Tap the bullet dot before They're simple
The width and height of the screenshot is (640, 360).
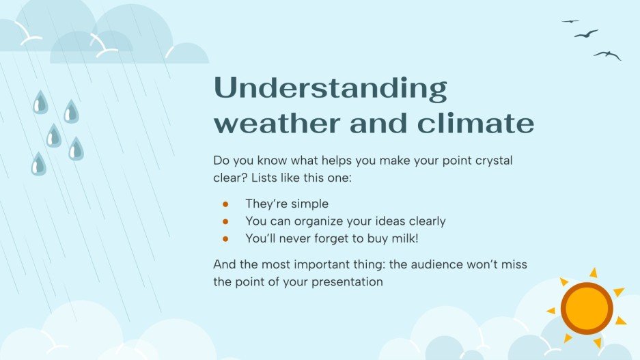pyautogui.click(x=225, y=204)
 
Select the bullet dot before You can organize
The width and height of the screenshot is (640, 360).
pyautogui.click(x=225, y=221)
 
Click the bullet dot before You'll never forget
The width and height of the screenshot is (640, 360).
pyautogui.click(x=225, y=238)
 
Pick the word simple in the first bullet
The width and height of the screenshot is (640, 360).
pyautogui.click(x=310, y=204)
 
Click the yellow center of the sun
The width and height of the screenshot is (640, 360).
pyautogui.click(x=587, y=308)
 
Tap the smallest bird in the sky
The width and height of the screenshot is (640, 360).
pyautogui.click(x=570, y=21)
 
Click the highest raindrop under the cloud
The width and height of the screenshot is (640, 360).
pyautogui.click(x=40, y=102)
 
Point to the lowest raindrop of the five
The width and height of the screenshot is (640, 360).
pyautogui.click(x=38, y=165)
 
